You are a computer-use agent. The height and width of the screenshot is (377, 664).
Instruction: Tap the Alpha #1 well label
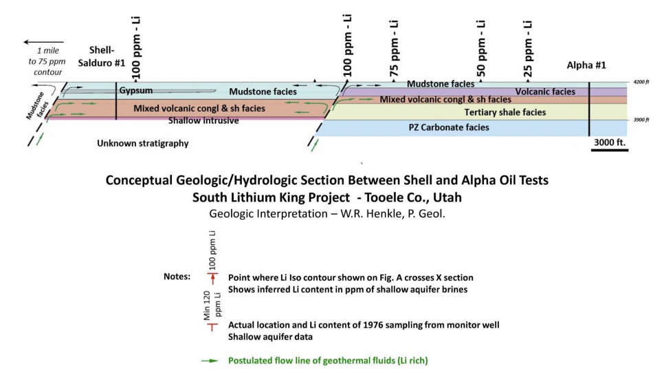point(586,65)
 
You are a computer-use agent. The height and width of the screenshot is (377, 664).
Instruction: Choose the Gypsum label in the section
point(135,90)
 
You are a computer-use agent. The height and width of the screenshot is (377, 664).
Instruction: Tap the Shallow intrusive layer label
point(203,121)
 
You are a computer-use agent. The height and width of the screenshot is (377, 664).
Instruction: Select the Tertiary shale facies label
point(505,112)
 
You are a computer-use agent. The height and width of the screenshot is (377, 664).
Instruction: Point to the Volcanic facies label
point(545,91)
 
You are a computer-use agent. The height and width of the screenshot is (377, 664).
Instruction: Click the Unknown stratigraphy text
point(142,144)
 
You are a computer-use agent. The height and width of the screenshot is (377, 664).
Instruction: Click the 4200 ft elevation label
point(641,82)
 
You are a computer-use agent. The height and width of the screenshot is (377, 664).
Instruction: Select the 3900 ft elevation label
point(641,120)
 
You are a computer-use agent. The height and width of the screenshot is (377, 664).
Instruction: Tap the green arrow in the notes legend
point(211,360)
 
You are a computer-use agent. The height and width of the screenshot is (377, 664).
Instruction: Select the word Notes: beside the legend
point(177,277)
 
